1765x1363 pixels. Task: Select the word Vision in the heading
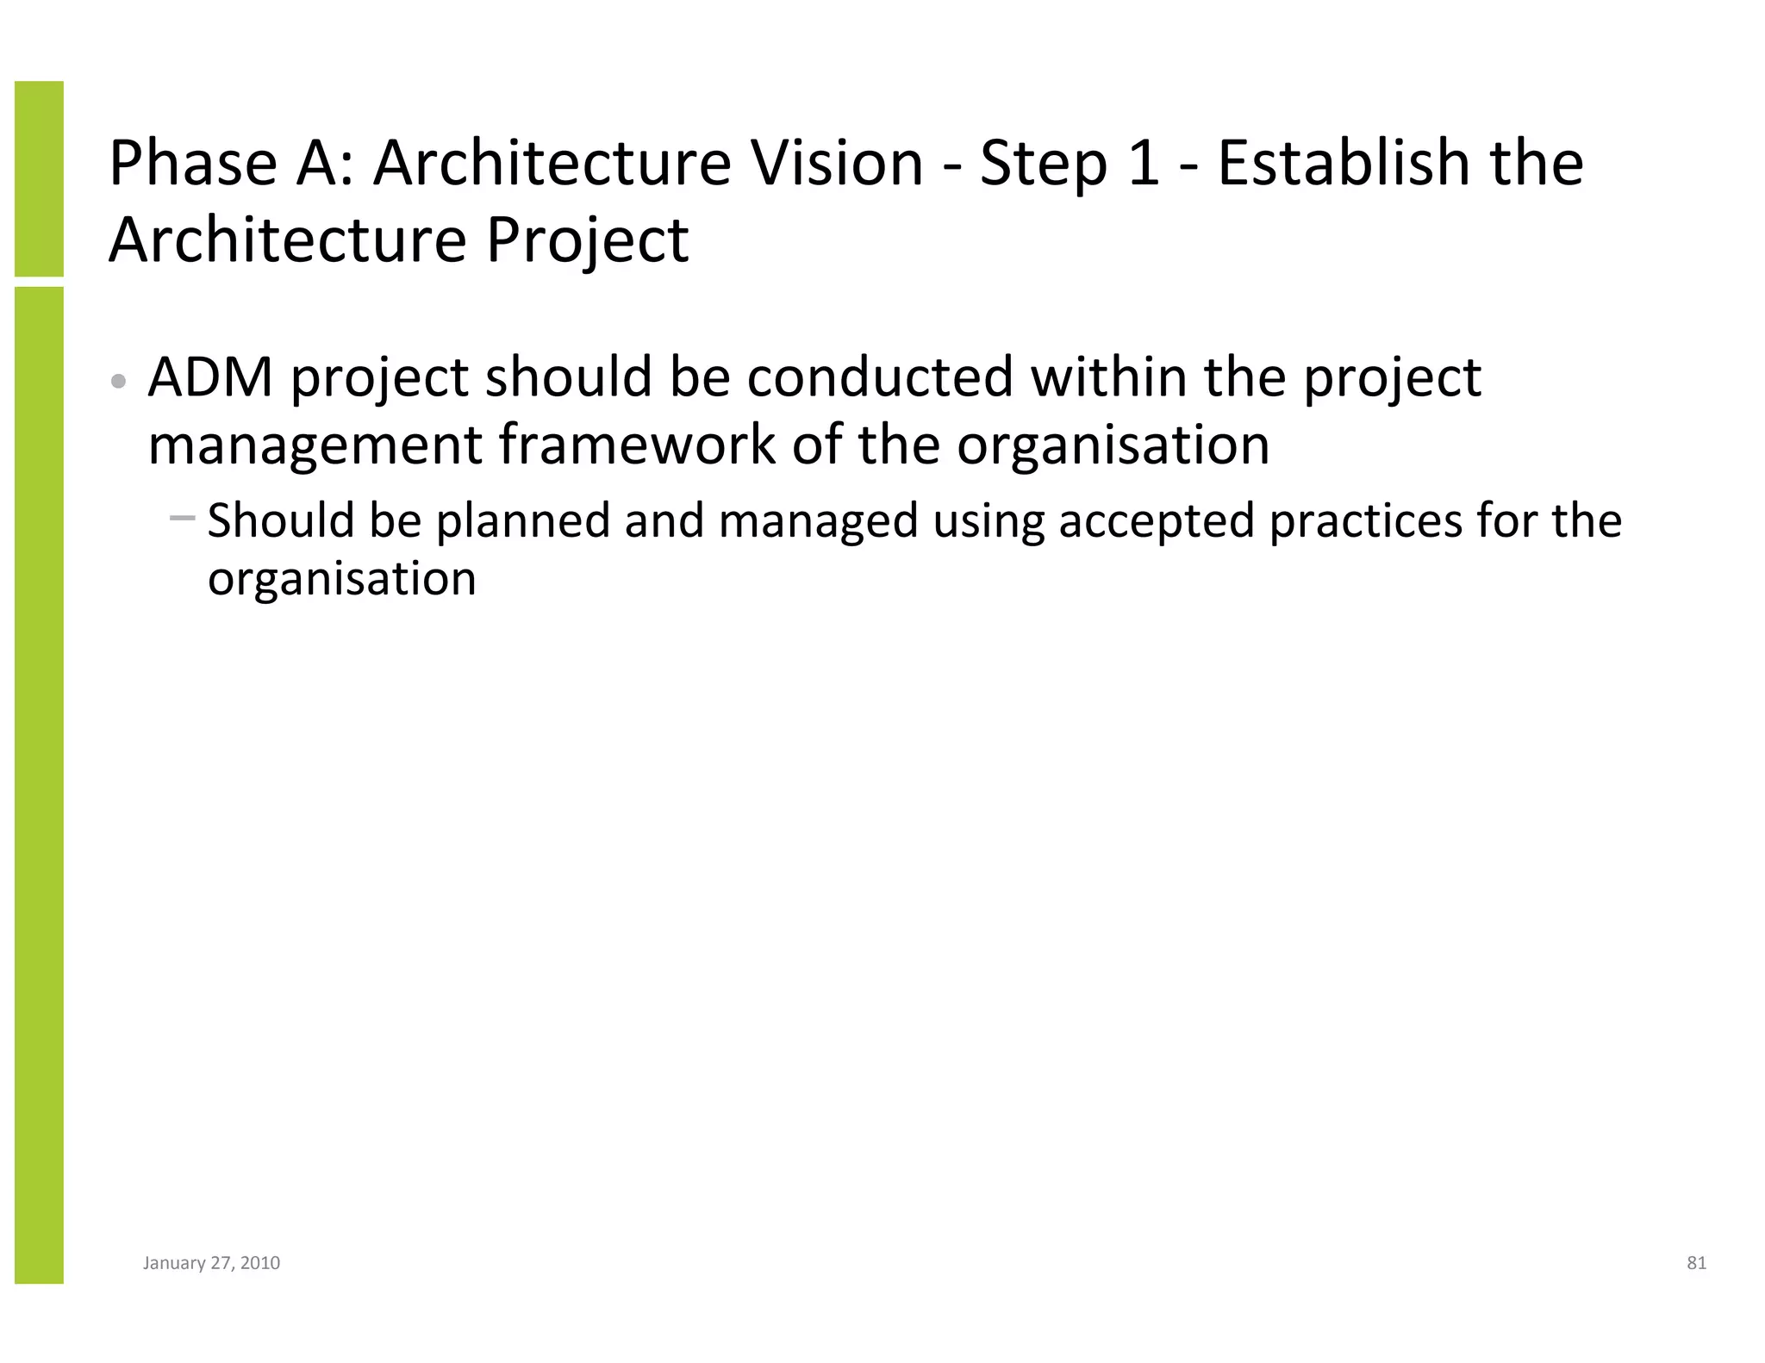pyautogui.click(x=836, y=164)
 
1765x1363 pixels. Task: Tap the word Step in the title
pyautogui.click(x=1043, y=164)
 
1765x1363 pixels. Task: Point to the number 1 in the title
pyautogui.click(x=1143, y=164)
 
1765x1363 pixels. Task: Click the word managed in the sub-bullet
pyautogui.click(x=818, y=521)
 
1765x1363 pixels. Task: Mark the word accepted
pyautogui.click(x=1156, y=521)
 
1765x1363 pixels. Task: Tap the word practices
pyautogui.click(x=1366, y=521)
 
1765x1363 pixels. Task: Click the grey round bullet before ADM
pyautogui.click(x=120, y=381)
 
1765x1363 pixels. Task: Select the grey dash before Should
pyautogui.click(x=183, y=518)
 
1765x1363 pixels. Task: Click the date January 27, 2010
pyautogui.click(x=211, y=1263)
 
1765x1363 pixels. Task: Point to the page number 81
pyautogui.click(x=1696, y=1263)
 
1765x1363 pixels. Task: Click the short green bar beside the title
pyautogui.click(x=39, y=178)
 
